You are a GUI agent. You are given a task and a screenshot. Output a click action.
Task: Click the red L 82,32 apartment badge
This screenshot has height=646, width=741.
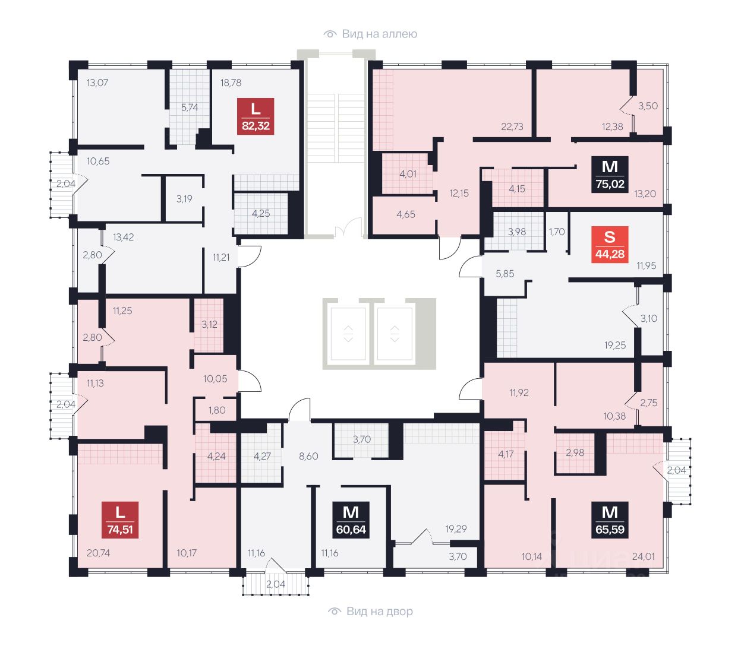point(256,116)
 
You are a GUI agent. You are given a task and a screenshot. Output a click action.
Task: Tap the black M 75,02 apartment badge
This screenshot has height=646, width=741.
point(610,174)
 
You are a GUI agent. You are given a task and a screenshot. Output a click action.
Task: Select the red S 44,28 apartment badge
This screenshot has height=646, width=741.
point(610,244)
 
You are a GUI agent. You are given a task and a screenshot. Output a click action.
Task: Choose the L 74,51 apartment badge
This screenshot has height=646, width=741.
point(120,520)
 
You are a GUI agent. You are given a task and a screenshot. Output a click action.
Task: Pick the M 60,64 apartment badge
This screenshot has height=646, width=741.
point(351,520)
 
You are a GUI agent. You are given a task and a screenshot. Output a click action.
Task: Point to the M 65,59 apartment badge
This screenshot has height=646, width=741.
point(610,520)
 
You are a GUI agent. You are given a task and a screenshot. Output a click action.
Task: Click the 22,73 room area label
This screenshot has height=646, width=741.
point(512,126)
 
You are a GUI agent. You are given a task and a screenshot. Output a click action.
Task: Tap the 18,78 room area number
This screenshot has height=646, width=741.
point(231,83)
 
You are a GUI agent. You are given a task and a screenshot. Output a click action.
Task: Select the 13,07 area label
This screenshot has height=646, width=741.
point(97,83)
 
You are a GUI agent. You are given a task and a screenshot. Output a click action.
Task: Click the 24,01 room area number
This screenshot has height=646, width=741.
point(643,556)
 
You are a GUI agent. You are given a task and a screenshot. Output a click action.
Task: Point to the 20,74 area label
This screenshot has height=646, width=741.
point(98,553)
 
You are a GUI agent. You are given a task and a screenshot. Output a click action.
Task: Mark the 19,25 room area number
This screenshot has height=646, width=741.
point(615,345)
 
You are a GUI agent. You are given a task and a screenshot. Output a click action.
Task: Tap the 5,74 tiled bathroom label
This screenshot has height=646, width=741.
point(190,107)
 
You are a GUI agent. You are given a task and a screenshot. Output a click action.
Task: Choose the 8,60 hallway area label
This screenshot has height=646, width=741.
point(308,456)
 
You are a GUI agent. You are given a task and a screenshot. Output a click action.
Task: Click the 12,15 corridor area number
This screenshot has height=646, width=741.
point(459,193)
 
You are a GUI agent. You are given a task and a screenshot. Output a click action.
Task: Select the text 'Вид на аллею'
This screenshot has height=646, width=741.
point(380,34)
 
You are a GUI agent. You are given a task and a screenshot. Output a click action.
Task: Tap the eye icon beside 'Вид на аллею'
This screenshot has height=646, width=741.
point(330,34)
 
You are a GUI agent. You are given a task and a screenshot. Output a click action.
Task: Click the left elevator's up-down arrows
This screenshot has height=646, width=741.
point(348,333)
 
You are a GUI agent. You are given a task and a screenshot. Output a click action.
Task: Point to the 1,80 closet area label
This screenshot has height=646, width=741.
point(217,410)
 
